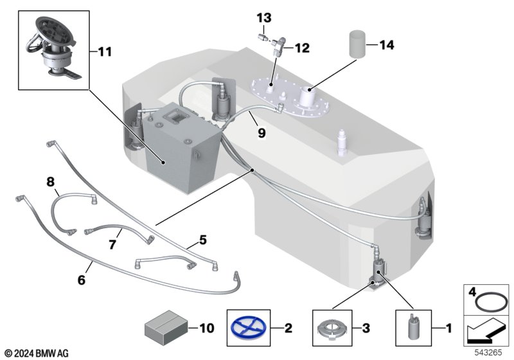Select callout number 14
click(386, 45)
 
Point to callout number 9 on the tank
click(261, 134)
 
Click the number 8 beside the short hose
click(51, 182)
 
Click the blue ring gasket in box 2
click(245, 327)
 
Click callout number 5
click(202, 240)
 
